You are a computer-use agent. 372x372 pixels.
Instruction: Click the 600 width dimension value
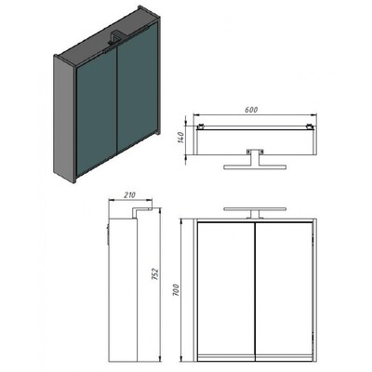(251, 110)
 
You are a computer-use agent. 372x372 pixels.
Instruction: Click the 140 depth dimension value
(181, 138)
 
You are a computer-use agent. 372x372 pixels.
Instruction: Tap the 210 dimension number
(130, 195)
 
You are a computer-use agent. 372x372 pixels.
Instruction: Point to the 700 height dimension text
(176, 289)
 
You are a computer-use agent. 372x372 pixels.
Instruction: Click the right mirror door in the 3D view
(139, 87)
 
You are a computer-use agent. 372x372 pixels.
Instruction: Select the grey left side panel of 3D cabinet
(64, 118)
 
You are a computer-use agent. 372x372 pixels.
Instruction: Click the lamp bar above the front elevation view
(255, 209)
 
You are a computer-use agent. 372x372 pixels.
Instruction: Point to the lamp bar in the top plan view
(255, 167)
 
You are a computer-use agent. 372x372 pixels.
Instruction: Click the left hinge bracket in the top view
(201, 126)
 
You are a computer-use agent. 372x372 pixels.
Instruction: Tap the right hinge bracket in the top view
(310, 126)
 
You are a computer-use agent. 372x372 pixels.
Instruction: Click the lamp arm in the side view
(141, 211)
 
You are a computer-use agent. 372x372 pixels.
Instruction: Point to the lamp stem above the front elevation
(255, 215)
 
